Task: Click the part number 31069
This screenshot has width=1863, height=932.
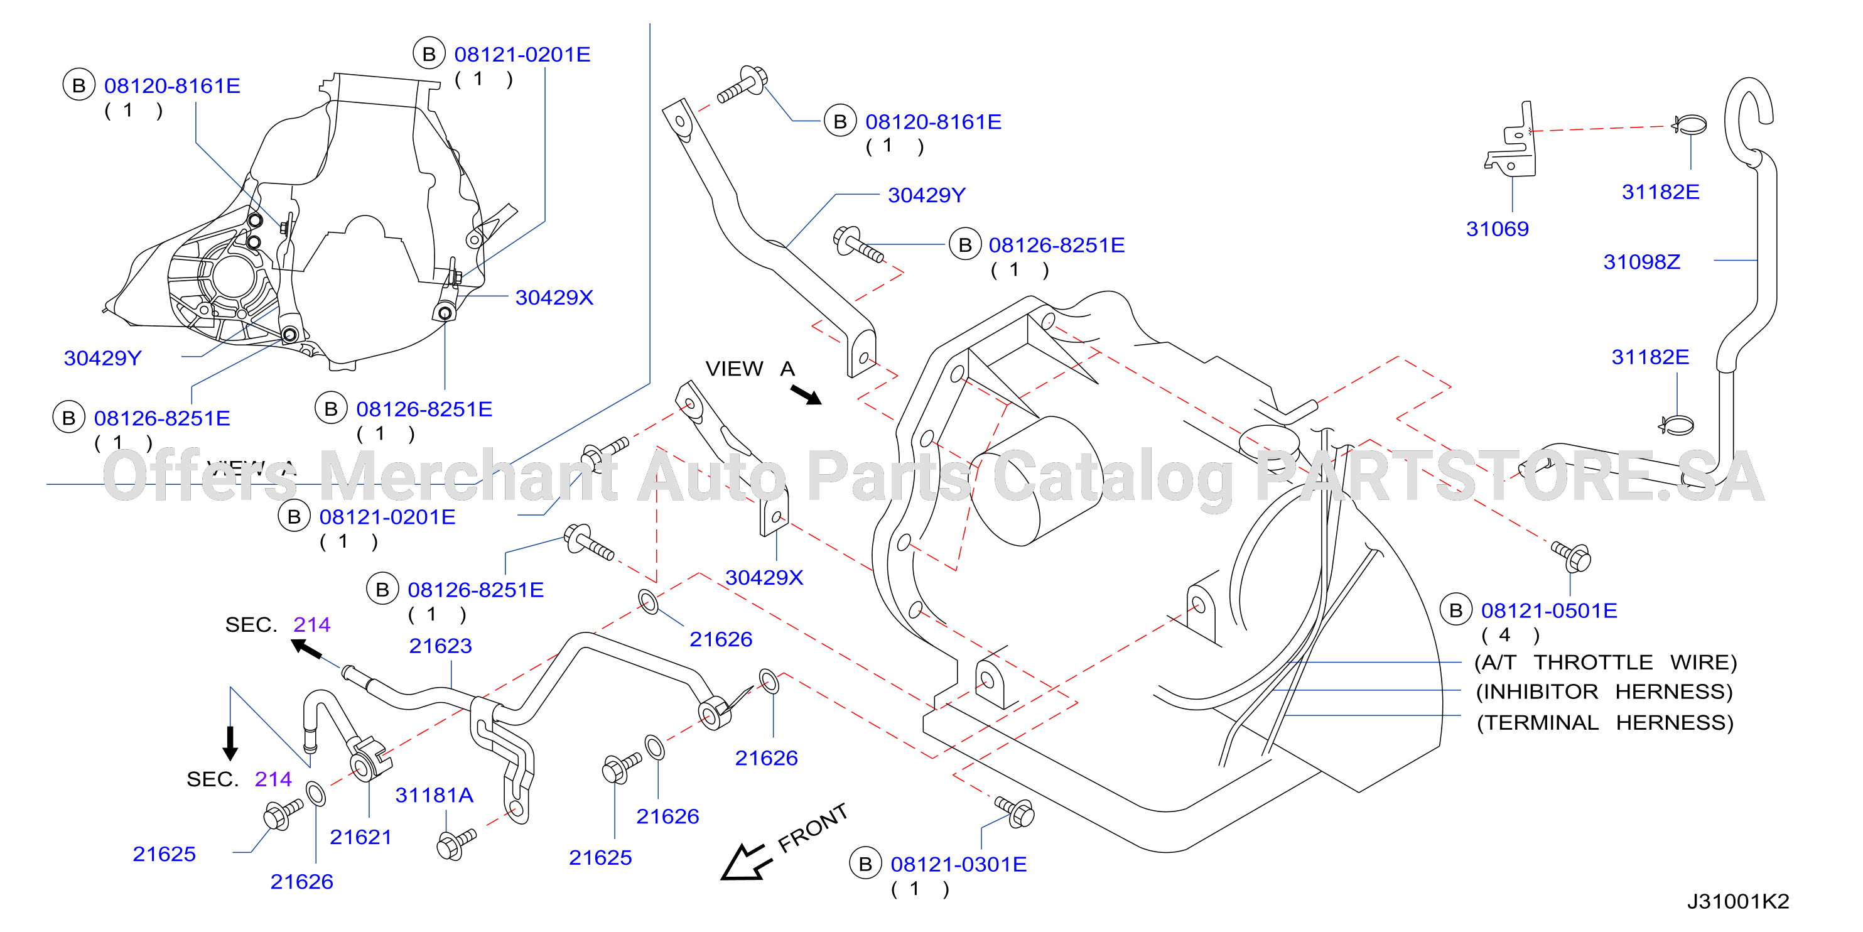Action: pos(1497,229)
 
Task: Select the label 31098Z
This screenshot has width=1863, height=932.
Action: pos(1642,262)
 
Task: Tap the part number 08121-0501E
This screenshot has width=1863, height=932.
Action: pos(1549,610)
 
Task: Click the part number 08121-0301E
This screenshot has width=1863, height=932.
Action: pos(958,865)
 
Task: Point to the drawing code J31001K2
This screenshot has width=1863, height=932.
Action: pos(1738,902)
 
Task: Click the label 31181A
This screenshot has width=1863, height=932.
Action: pos(434,795)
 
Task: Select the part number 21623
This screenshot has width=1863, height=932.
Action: pos(440,646)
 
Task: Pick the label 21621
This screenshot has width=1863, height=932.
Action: pos(361,837)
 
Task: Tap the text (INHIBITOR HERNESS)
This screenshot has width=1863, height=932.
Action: pos(1604,691)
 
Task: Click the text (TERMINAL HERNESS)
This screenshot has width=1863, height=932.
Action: pos(1605,723)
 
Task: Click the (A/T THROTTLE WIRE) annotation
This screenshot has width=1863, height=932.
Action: pos(1606,663)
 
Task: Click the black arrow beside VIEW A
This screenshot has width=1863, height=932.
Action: pos(806,395)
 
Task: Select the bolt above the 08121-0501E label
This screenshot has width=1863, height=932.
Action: pos(1572,556)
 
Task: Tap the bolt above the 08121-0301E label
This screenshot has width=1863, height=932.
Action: pos(1015,811)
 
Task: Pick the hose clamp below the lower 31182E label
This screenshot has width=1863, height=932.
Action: pos(1677,425)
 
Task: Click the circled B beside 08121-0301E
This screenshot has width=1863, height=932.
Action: pos(865,864)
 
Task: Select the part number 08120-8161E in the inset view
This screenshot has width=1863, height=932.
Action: pos(172,86)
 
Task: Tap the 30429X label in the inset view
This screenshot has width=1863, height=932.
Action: pos(554,298)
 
